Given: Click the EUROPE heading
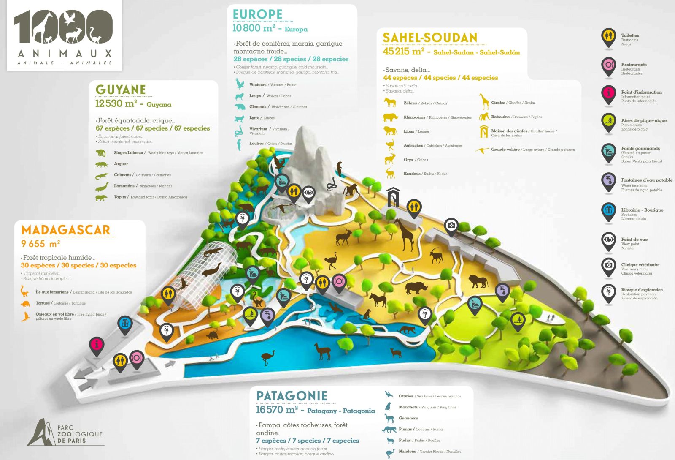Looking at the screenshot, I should click(x=257, y=14).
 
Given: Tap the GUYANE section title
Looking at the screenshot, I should click(x=121, y=90).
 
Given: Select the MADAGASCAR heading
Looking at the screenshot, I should click(x=65, y=230).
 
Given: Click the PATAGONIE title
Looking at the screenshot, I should click(x=292, y=396).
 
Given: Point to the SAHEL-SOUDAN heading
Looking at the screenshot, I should click(x=429, y=38).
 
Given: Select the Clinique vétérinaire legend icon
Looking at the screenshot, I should click(x=608, y=266).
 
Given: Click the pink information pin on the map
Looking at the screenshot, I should click(x=97, y=344).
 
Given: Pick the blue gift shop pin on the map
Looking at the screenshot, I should click(x=125, y=324).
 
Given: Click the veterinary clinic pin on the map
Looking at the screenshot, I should click(x=451, y=226).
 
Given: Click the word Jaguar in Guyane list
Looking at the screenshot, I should click(x=121, y=164).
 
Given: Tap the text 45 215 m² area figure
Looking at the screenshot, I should click(x=403, y=52).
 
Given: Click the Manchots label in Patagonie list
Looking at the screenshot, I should click(x=408, y=407).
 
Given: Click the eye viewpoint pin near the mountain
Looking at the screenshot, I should click(x=309, y=193).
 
